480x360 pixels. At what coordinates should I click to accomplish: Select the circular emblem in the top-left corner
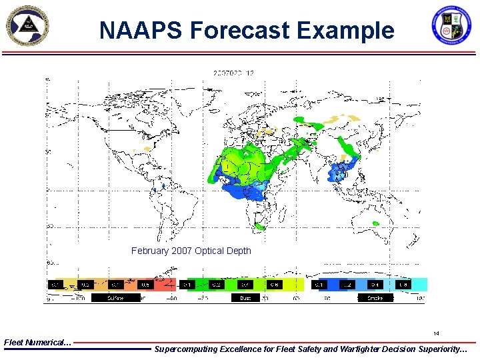point(29,27)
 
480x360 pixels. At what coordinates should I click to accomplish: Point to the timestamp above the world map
point(233,73)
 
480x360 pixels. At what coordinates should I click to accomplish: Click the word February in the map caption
point(151,251)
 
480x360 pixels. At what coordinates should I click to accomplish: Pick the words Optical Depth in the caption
point(221,251)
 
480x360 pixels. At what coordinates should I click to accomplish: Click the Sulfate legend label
point(116,298)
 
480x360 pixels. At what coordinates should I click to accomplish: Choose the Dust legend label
point(245,298)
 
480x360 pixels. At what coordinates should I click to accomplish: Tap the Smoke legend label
point(375,298)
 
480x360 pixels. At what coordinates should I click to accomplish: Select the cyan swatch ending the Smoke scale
point(419,285)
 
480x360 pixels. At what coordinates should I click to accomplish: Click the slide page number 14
point(436,333)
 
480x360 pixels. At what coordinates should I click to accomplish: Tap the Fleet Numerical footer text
point(37,342)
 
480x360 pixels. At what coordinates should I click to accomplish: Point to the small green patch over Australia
point(376,223)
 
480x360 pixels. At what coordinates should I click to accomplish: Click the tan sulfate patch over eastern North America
point(158,153)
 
